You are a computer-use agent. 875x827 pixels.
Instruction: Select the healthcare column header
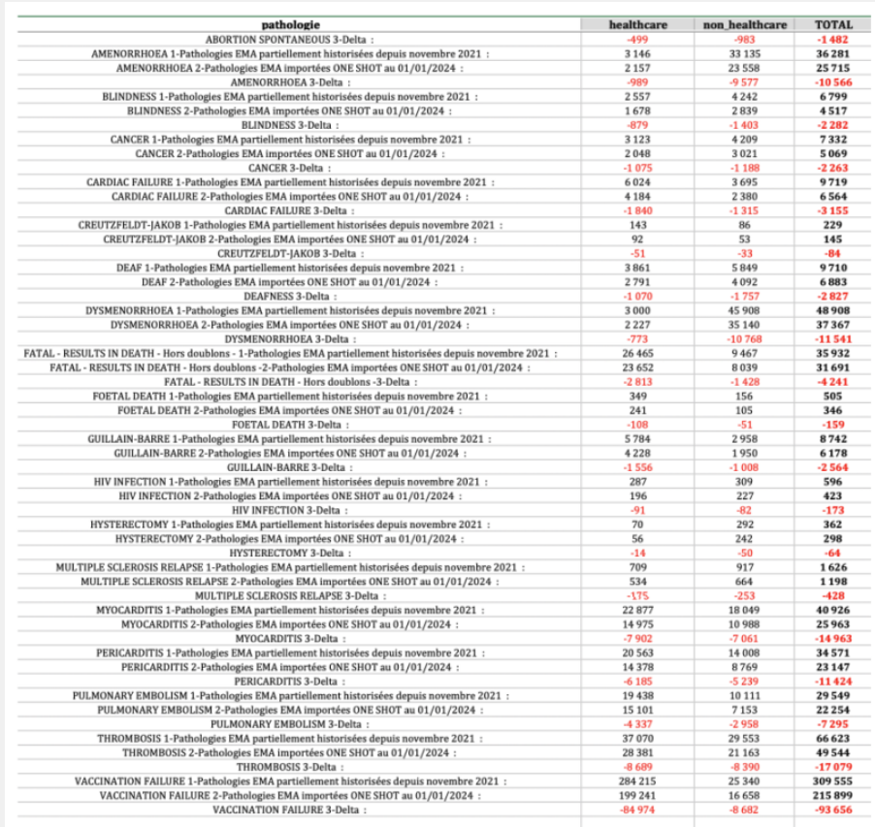tap(635, 24)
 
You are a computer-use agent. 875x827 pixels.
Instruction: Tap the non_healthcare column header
tap(745, 24)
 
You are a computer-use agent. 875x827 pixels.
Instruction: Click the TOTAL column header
tap(834, 24)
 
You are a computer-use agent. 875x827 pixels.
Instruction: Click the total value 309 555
tap(834, 780)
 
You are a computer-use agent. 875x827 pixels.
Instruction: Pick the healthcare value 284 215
tap(635, 780)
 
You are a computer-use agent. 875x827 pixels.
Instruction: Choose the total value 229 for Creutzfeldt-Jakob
tap(834, 225)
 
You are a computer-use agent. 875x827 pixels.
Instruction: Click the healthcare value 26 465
tap(635, 354)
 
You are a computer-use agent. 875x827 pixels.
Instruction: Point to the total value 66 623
tap(834, 738)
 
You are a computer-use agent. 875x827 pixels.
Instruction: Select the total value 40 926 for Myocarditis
tap(834, 610)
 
